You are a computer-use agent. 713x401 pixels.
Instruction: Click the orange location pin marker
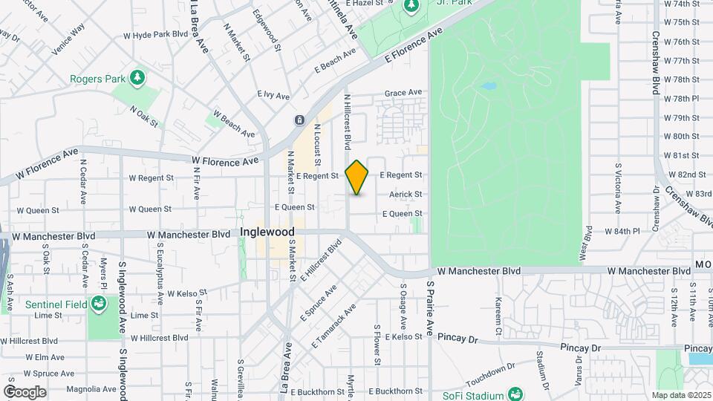[357, 177]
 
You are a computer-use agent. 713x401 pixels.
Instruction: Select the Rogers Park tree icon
[136, 77]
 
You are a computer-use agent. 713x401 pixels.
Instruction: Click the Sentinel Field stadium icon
[98, 303]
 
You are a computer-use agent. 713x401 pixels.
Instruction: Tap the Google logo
[25, 391]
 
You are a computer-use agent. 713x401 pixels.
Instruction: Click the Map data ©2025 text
[681, 395]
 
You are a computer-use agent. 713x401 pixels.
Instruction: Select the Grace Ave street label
[403, 93]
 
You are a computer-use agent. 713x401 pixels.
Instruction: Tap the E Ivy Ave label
[273, 95]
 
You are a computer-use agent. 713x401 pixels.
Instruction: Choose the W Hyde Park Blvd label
[156, 34]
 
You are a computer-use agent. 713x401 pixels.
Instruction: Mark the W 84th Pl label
[622, 232]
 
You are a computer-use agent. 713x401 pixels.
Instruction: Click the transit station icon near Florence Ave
[299, 120]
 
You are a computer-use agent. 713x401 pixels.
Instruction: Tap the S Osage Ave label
[403, 306]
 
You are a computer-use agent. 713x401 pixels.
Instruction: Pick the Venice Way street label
[68, 39]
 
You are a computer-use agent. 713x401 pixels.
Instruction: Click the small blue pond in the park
[488, 87]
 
